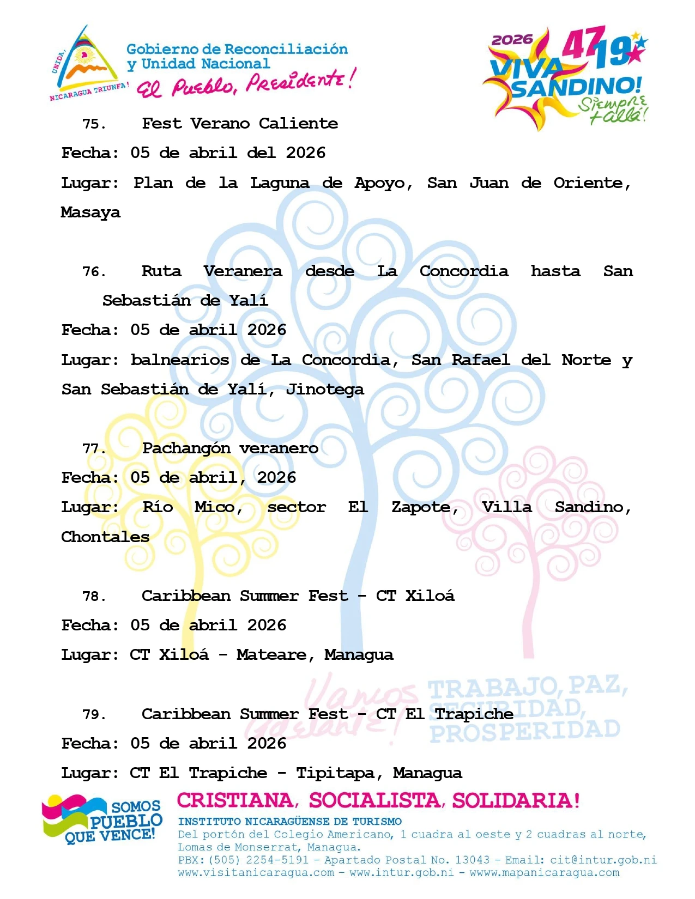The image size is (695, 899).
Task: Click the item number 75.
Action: [94, 124]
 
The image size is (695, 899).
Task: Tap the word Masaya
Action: [90, 212]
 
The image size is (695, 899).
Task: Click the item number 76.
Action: [94, 272]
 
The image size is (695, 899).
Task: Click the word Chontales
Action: [105, 537]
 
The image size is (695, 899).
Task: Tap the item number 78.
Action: [94, 597]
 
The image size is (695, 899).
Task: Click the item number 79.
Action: [94, 715]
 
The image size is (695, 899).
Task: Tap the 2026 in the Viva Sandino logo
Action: [512, 40]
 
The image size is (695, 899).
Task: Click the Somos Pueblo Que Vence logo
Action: [102, 819]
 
